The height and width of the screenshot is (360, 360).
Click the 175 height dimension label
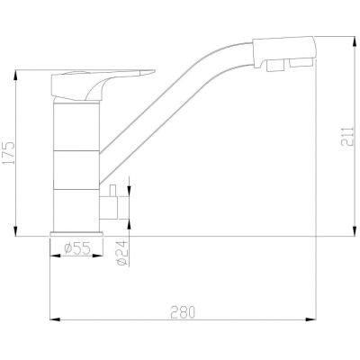(8, 153)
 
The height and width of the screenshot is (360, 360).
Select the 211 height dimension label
(347, 137)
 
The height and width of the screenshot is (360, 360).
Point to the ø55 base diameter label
(76, 248)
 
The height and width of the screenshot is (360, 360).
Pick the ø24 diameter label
(121, 254)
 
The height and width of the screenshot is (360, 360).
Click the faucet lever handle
(102, 84)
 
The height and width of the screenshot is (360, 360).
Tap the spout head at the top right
(283, 51)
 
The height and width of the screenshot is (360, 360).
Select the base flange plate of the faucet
(76, 234)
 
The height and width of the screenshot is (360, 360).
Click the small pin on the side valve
(112, 190)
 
